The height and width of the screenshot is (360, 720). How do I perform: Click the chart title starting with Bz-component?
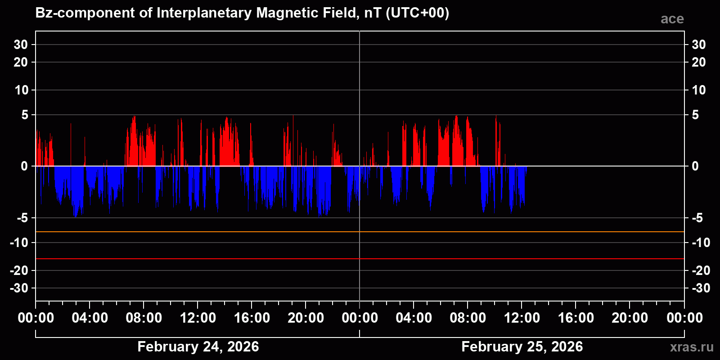[242, 13]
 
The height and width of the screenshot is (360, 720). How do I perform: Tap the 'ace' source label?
[672, 19]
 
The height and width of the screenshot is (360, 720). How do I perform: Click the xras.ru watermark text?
[691, 347]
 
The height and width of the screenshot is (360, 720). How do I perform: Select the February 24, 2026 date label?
[198, 346]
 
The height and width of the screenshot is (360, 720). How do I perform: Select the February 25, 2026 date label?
[522, 346]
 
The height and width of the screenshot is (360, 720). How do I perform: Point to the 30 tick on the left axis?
[21, 45]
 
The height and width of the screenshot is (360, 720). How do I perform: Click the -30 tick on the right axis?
[701, 288]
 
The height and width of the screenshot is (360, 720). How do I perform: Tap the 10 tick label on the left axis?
[21, 90]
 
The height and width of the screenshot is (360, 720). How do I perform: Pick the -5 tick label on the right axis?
[697, 218]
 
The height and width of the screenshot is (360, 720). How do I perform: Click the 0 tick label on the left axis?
[24, 166]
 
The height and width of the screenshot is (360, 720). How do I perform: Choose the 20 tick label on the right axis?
[698, 62]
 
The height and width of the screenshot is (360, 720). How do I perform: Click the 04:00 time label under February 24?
[90, 318]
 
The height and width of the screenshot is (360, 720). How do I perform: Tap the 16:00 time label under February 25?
[576, 318]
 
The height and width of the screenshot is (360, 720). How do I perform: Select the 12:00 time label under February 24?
[198, 318]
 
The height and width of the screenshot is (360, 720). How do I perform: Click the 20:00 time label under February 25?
[630, 318]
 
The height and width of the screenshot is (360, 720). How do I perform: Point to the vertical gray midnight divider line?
[360, 90]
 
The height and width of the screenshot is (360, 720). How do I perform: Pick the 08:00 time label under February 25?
[468, 318]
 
